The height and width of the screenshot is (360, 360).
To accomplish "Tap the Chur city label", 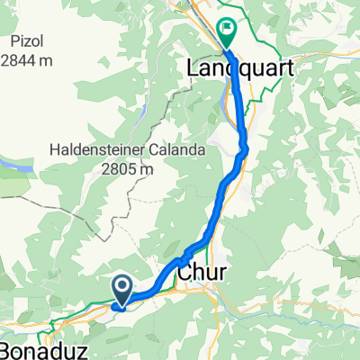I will pos(196,270).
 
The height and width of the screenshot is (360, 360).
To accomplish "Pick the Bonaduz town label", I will pos(40,348).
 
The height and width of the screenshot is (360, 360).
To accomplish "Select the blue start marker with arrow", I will pos(122,288).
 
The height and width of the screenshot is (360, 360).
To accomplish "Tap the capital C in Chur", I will pos(183,270).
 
